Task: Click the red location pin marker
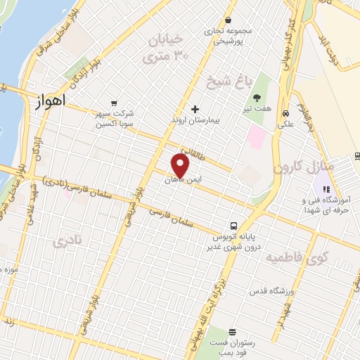[x=181, y=165]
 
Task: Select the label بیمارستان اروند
[x=196, y=121]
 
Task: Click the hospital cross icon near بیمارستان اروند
[x=195, y=109]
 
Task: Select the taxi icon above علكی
[x=286, y=112]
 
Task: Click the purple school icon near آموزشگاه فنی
[x=325, y=188]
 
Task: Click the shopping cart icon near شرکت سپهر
[x=113, y=102]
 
